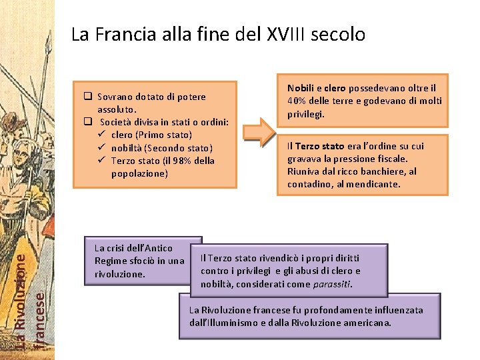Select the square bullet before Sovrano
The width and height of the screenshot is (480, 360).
pos(87,97)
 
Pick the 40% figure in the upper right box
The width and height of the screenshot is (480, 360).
pos(297,101)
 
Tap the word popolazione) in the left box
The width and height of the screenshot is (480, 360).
pos(139,173)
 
